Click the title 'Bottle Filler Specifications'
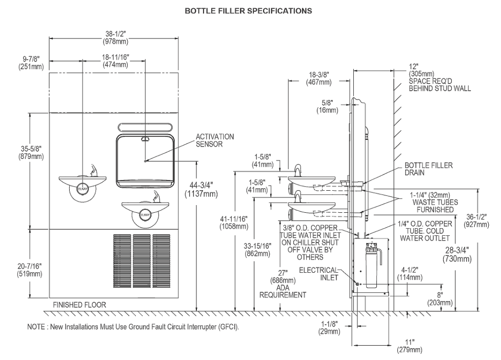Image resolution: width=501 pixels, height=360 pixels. pyautogui.click(x=248, y=11)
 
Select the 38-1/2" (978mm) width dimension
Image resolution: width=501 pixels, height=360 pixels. pyautogui.click(x=115, y=37)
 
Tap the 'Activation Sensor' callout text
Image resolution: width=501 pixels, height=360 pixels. pyautogui.click(x=215, y=140)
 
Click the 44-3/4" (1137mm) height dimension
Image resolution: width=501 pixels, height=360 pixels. pyautogui.click(x=201, y=190)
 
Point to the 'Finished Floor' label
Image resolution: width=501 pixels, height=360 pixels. pyautogui.click(x=79, y=305)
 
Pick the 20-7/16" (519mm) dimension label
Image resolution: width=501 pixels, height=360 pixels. pyautogui.click(x=30, y=270)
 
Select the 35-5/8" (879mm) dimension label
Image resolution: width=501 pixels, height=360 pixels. pyautogui.click(x=31, y=153)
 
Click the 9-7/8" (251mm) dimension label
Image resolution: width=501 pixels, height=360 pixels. pyautogui.click(x=31, y=63)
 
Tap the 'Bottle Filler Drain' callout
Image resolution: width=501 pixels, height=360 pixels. pyautogui.click(x=429, y=169)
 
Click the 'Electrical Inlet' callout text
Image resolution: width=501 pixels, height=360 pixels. pyautogui.click(x=318, y=274)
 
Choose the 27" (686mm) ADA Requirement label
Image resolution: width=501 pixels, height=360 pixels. pyautogui.click(x=283, y=284)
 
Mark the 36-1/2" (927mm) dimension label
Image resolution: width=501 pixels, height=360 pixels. pyautogui.click(x=476, y=221)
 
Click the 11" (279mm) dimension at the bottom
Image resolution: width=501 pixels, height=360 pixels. pyautogui.click(x=409, y=346)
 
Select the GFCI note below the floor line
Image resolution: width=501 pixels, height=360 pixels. pyautogui.click(x=133, y=327)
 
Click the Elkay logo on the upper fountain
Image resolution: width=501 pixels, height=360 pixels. pyautogui.click(x=83, y=189)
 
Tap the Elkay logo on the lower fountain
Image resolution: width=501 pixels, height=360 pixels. pyautogui.click(x=145, y=215)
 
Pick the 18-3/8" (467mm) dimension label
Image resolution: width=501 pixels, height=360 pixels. pyautogui.click(x=319, y=78)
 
